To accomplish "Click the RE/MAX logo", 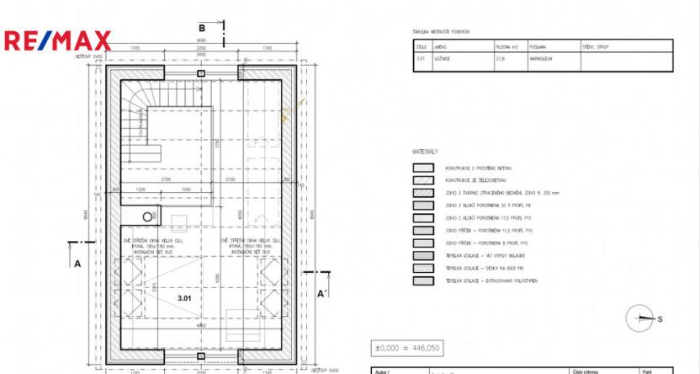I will [57, 40].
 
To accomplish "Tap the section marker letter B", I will [202, 26].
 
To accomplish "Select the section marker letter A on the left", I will [77, 263].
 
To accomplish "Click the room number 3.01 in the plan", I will [186, 298].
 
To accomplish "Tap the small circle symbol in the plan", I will [148, 216].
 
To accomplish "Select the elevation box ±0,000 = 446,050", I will [406, 347].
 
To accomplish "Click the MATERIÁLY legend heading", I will [426, 152].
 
